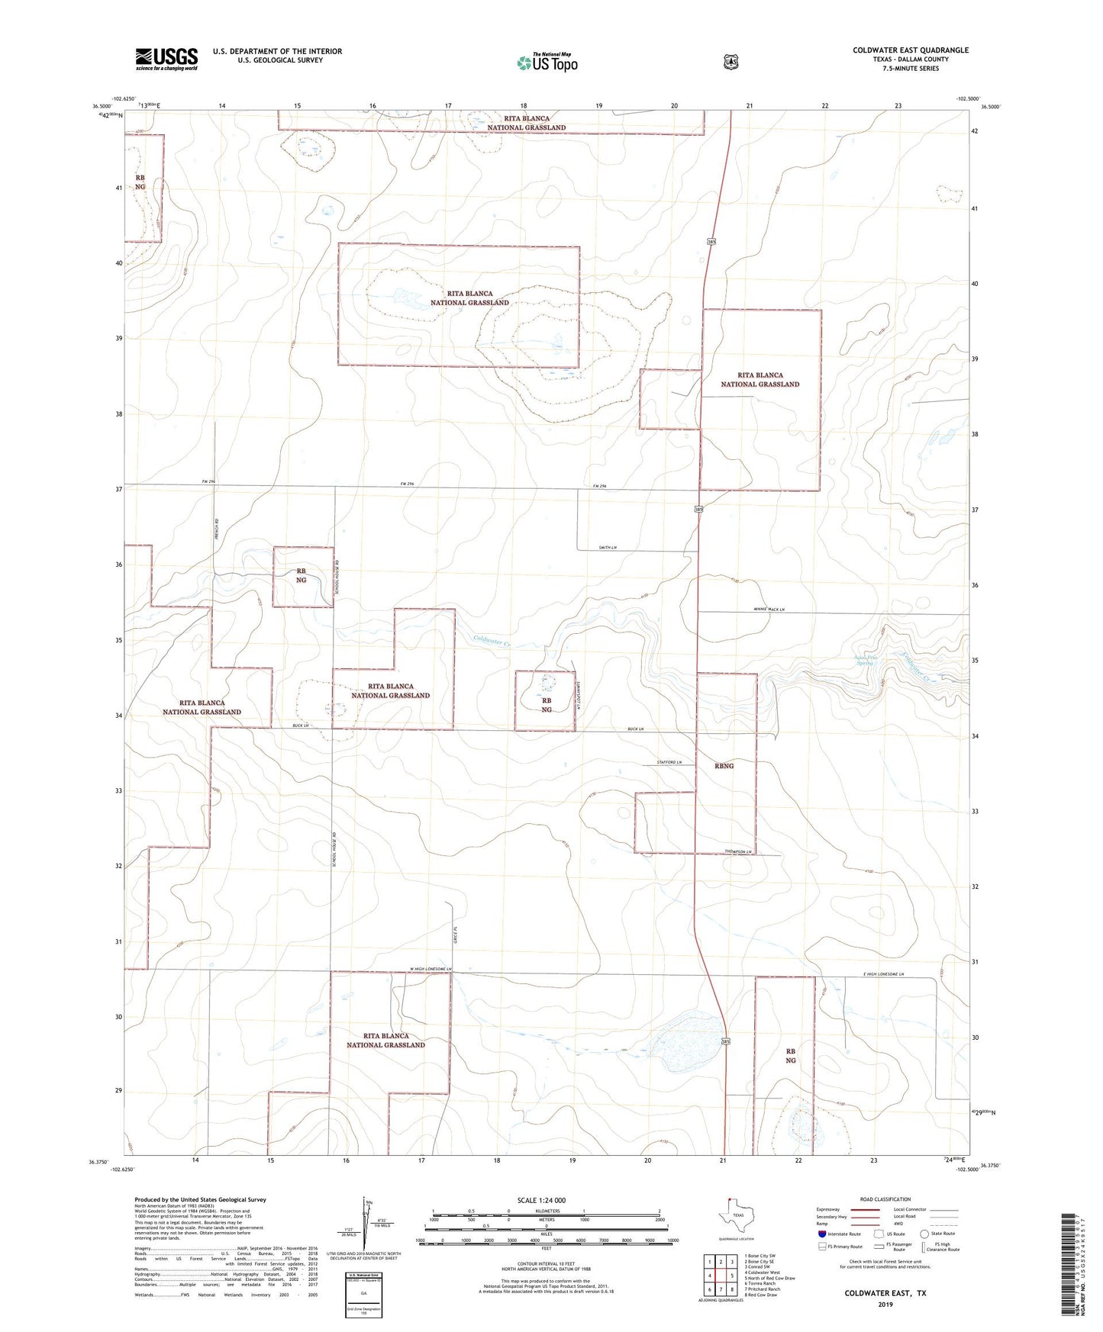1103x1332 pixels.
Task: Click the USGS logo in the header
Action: (x=166, y=59)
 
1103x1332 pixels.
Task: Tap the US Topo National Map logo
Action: (x=547, y=62)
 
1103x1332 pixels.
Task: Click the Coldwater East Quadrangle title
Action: (x=910, y=50)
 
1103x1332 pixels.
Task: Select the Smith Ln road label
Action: (x=608, y=548)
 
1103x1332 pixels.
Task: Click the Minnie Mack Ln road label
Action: (x=769, y=610)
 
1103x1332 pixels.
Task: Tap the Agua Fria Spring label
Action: (x=866, y=660)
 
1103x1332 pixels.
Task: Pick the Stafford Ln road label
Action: (x=669, y=763)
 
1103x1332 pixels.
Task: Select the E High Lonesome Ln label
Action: (x=885, y=974)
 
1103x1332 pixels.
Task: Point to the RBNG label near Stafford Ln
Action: (x=724, y=766)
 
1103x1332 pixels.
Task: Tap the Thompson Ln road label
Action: (x=739, y=851)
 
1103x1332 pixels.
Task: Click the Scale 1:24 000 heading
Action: (x=541, y=1200)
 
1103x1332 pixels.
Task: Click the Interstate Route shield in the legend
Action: (x=821, y=1234)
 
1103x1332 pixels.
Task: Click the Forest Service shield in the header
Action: (x=730, y=62)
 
